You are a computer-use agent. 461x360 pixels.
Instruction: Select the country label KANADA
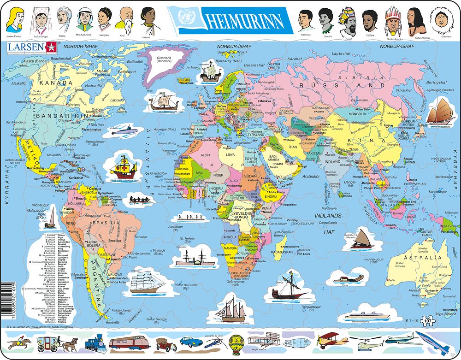56,83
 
